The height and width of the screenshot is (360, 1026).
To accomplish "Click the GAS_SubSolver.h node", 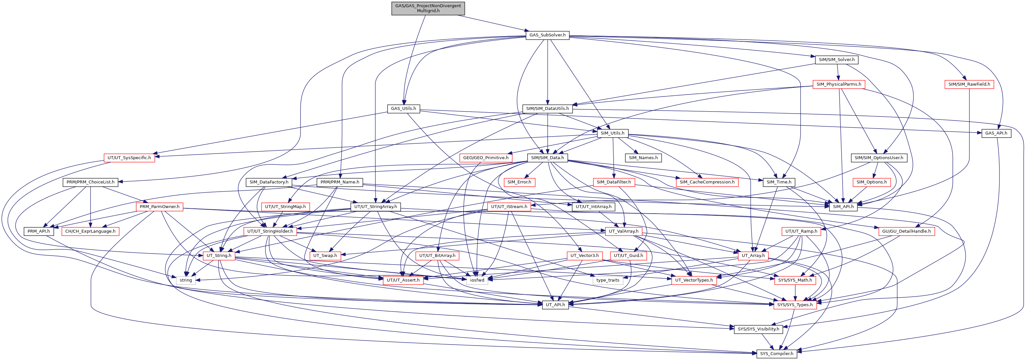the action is (547, 35).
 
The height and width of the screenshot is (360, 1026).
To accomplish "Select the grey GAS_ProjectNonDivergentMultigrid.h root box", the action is (428, 8).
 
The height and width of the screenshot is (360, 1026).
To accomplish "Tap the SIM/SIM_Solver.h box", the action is (836, 60).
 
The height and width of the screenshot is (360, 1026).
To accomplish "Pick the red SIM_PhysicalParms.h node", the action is (839, 84).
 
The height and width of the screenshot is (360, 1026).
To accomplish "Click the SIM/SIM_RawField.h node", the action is (969, 84).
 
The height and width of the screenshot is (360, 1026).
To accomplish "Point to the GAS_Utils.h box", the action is (404, 109).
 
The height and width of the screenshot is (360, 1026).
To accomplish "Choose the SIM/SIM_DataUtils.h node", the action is (548, 109).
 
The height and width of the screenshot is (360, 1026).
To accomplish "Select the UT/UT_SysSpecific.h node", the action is (130, 158).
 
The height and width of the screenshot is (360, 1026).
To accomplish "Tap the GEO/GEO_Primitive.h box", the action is (486, 158).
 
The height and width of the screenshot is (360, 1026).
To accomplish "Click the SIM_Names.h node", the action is (643, 158).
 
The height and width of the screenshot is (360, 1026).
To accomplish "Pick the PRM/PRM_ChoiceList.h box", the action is (91, 182).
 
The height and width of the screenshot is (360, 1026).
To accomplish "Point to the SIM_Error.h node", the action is (519, 182).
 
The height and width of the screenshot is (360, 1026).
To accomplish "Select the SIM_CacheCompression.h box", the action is (707, 182).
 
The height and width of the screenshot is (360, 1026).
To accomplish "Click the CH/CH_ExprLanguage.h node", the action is (91, 231).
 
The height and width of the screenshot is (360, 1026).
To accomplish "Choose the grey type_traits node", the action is (608, 280).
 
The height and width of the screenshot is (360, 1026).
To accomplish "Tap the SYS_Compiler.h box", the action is (777, 354).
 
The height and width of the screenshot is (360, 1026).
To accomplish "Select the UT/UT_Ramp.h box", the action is (801, 231).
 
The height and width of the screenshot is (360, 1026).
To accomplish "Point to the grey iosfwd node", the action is (477, 280).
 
